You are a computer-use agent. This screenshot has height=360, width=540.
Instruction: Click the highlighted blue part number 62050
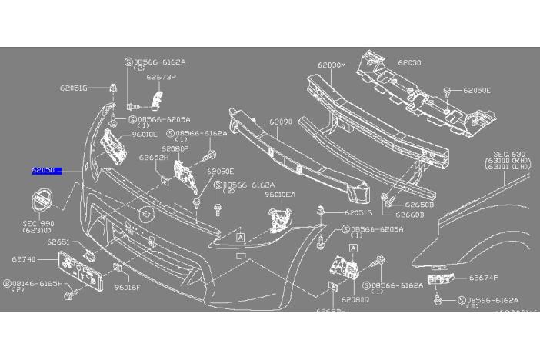(43, 172)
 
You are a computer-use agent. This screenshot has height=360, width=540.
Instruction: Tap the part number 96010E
(144, 134)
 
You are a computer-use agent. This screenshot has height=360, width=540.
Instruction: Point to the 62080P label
(175, 148)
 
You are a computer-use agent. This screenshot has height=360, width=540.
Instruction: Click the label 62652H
(153, 158)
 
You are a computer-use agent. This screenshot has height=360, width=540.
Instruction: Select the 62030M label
(332, 65)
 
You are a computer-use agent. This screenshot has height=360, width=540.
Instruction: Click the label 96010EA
(280, 195)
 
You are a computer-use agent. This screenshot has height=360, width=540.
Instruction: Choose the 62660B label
(411, 215)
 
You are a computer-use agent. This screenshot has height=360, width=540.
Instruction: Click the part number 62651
(58, 242)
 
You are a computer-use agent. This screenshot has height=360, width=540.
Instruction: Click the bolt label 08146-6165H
(35, 283)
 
